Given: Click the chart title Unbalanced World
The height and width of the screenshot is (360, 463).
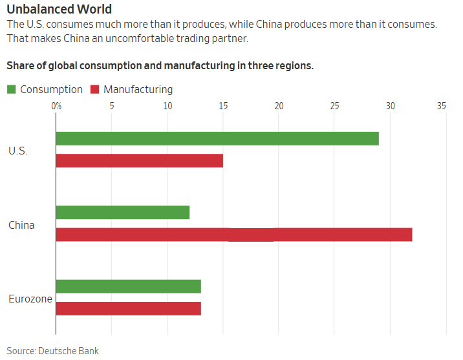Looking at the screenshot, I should point(59,9).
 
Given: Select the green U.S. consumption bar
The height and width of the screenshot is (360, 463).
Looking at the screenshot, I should point(217,138).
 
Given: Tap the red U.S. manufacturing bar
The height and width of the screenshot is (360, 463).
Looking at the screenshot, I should point(140,160).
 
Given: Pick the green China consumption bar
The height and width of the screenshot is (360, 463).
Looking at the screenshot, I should point(123,212).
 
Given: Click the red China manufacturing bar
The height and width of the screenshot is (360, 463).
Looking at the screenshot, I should point(234,235).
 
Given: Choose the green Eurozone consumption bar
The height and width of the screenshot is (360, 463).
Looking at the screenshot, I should point(129,286).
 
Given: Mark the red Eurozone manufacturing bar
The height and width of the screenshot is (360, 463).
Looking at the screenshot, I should point(129,308).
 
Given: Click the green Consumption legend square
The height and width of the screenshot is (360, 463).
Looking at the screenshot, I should point(11,89).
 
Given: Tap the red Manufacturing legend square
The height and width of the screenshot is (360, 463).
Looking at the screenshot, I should point(94,89).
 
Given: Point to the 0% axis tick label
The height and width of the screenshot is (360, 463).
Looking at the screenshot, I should point(56,105).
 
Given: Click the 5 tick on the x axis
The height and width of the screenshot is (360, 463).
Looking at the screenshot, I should point(112,105).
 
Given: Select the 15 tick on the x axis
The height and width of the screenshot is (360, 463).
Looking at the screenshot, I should point(223,105).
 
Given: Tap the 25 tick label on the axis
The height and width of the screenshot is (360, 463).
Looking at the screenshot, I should point(334,105).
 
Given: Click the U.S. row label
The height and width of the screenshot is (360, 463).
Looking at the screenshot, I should point(18,151).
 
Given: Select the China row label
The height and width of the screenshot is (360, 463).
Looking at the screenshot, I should point(21,225).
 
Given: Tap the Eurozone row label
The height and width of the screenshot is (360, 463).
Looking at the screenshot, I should point(30,299).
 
